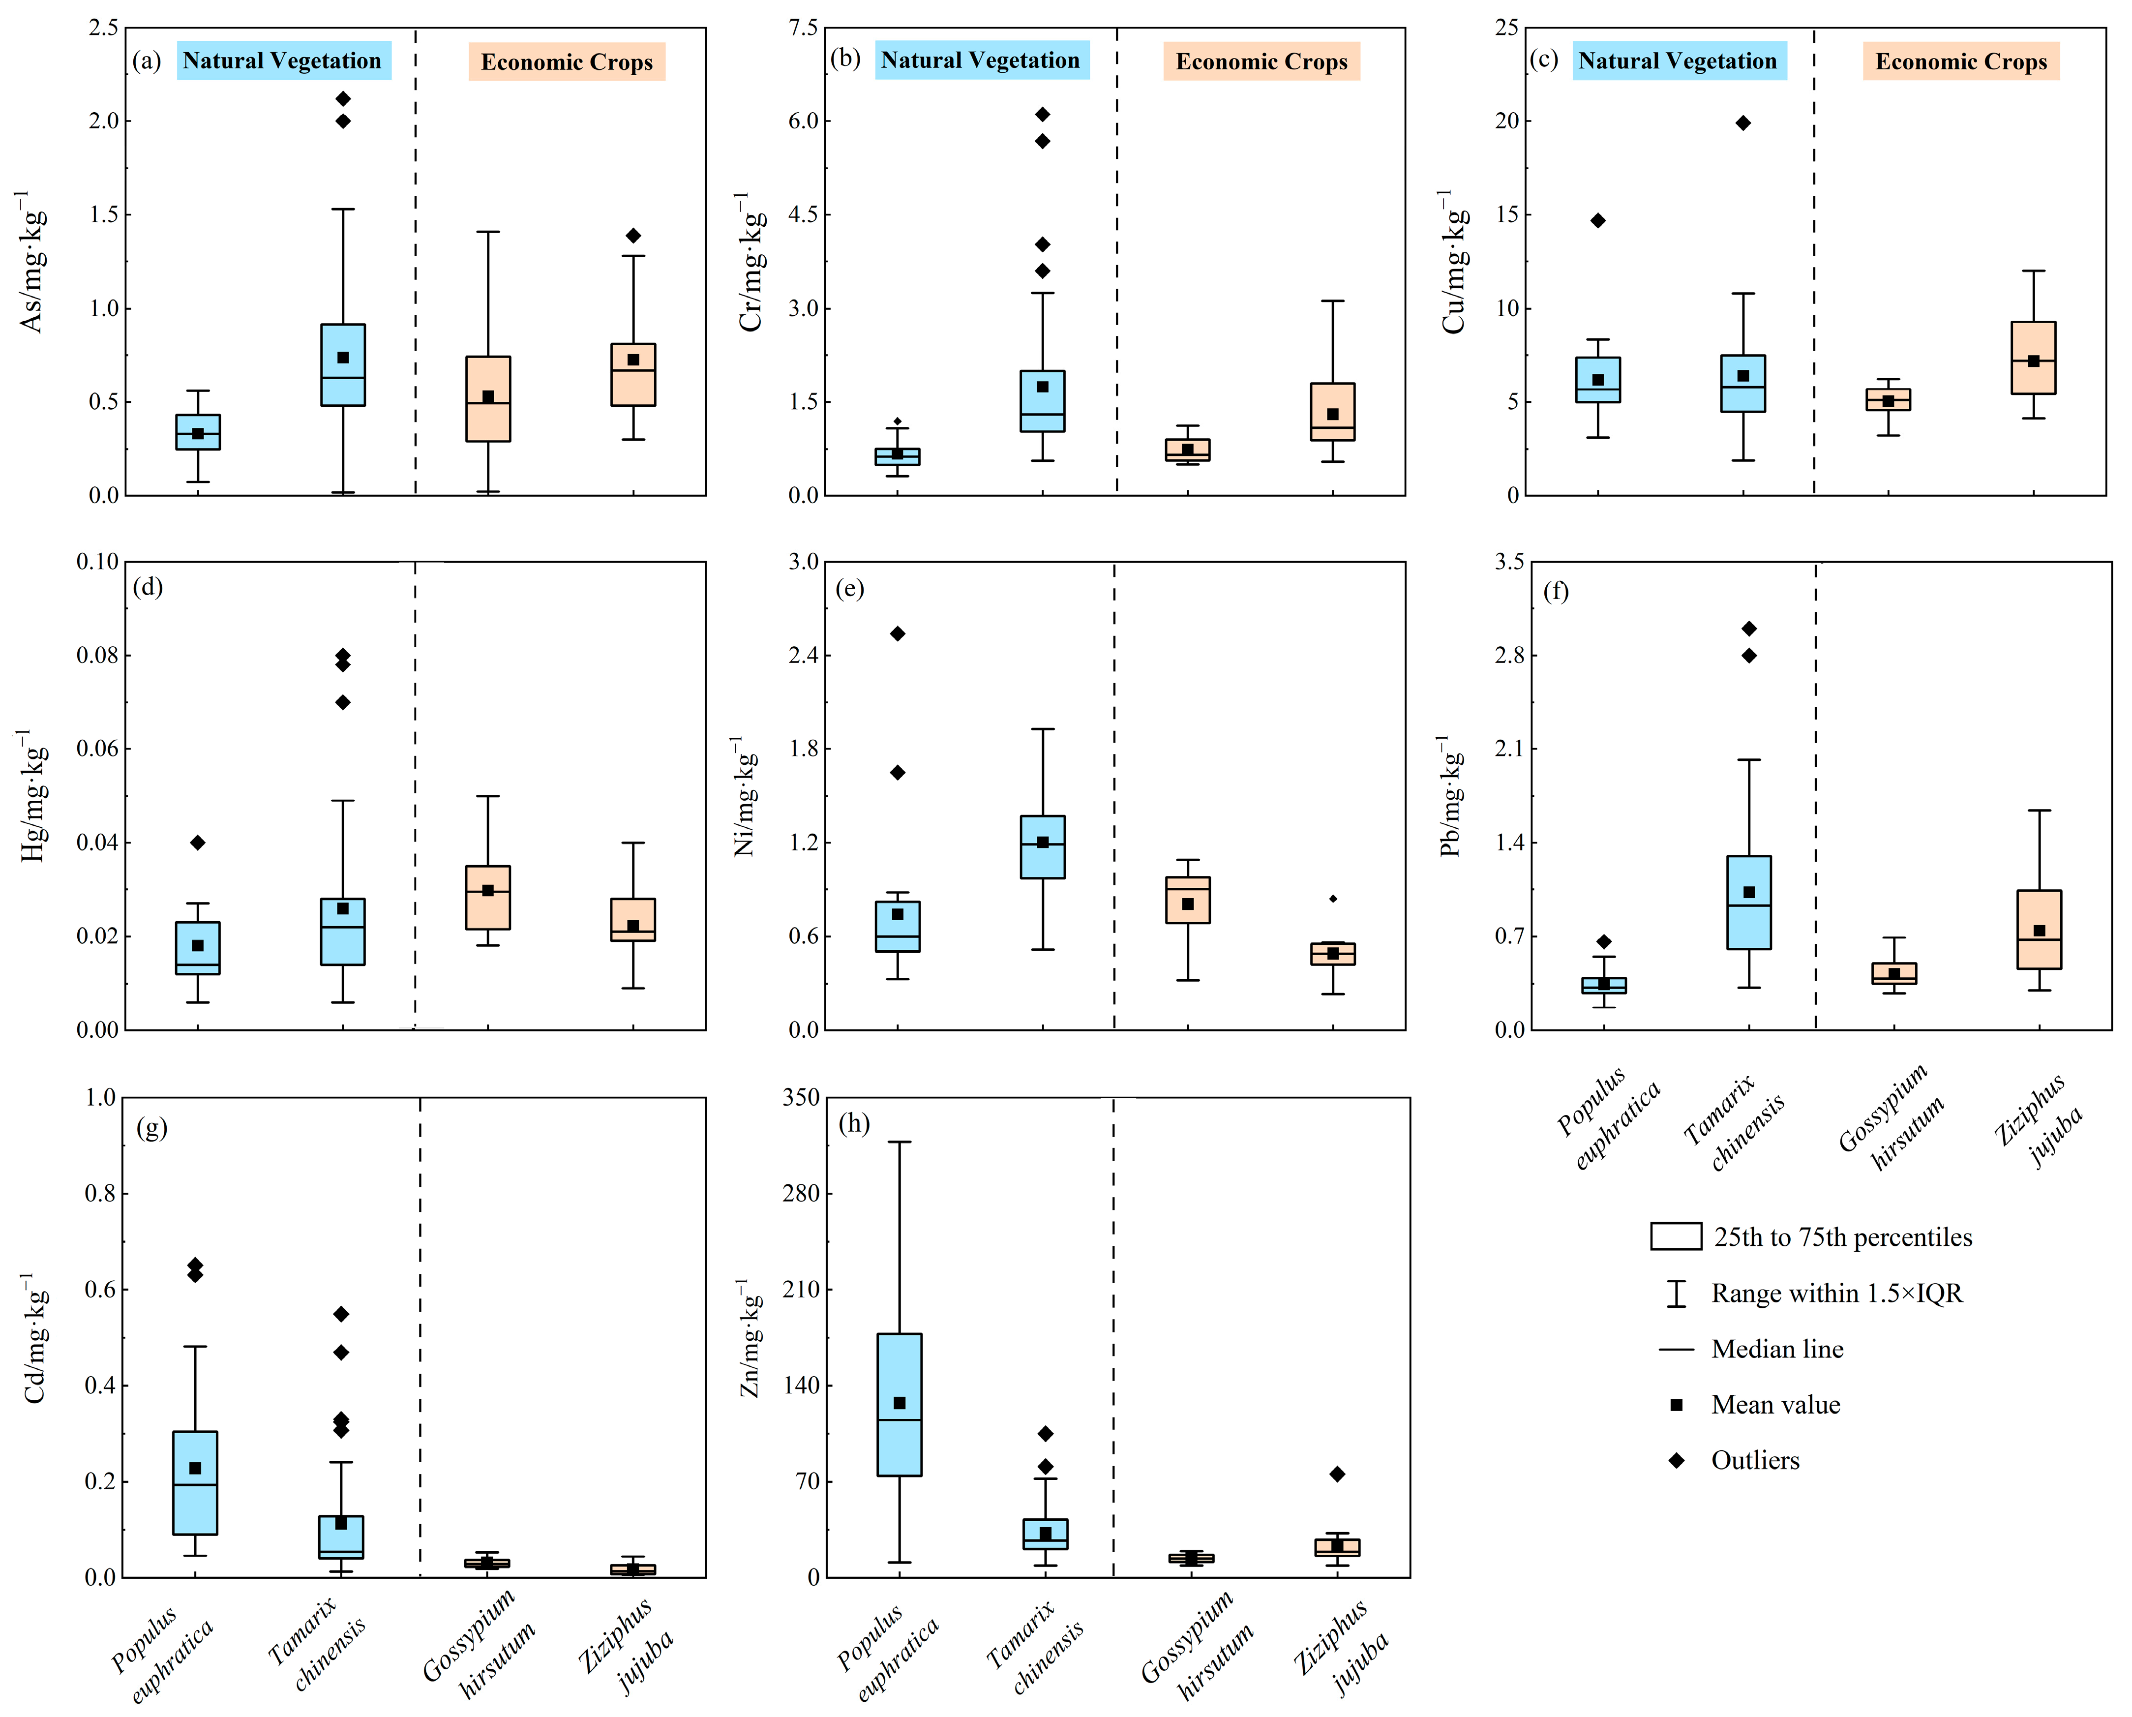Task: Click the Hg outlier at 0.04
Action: pyautogui.click(x=198, y=843)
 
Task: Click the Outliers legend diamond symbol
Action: pyautogui.click(x=1676, y=1461)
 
